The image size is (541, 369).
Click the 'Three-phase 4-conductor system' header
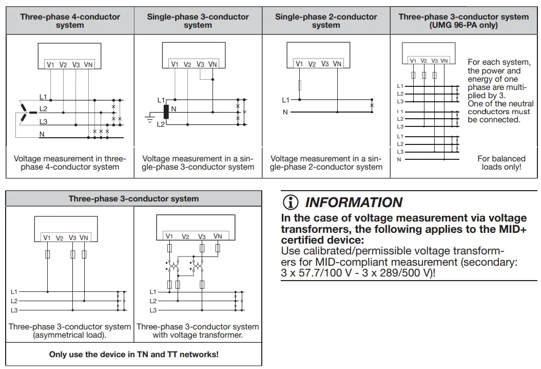coord(70,21)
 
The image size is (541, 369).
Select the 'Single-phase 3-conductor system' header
coord(198,21)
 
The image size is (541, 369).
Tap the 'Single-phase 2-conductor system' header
coord(326,21)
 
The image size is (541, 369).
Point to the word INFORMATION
coord(354,202)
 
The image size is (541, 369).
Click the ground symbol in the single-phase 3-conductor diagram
coord(150,118)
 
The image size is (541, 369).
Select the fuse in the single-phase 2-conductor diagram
coord(299,85)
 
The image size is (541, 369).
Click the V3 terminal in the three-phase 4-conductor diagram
coord(76,65)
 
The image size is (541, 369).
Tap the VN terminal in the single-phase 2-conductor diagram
coord(337,64)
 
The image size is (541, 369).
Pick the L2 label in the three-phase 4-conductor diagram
coord(43,109)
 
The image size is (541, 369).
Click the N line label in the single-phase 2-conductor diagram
coord(285,112)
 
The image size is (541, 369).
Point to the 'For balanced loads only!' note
coord(501,162)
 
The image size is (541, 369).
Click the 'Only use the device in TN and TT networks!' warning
coord(133,355)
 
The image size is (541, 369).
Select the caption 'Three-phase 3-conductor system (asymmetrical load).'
coord(70,330)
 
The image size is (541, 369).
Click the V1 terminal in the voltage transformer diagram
coord(169,236)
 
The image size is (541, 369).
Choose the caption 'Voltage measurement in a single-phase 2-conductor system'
coord(326,162)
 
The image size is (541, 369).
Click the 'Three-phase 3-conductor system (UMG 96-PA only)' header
coord(463,21)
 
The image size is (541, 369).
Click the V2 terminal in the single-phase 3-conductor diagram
coord(187,65)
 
